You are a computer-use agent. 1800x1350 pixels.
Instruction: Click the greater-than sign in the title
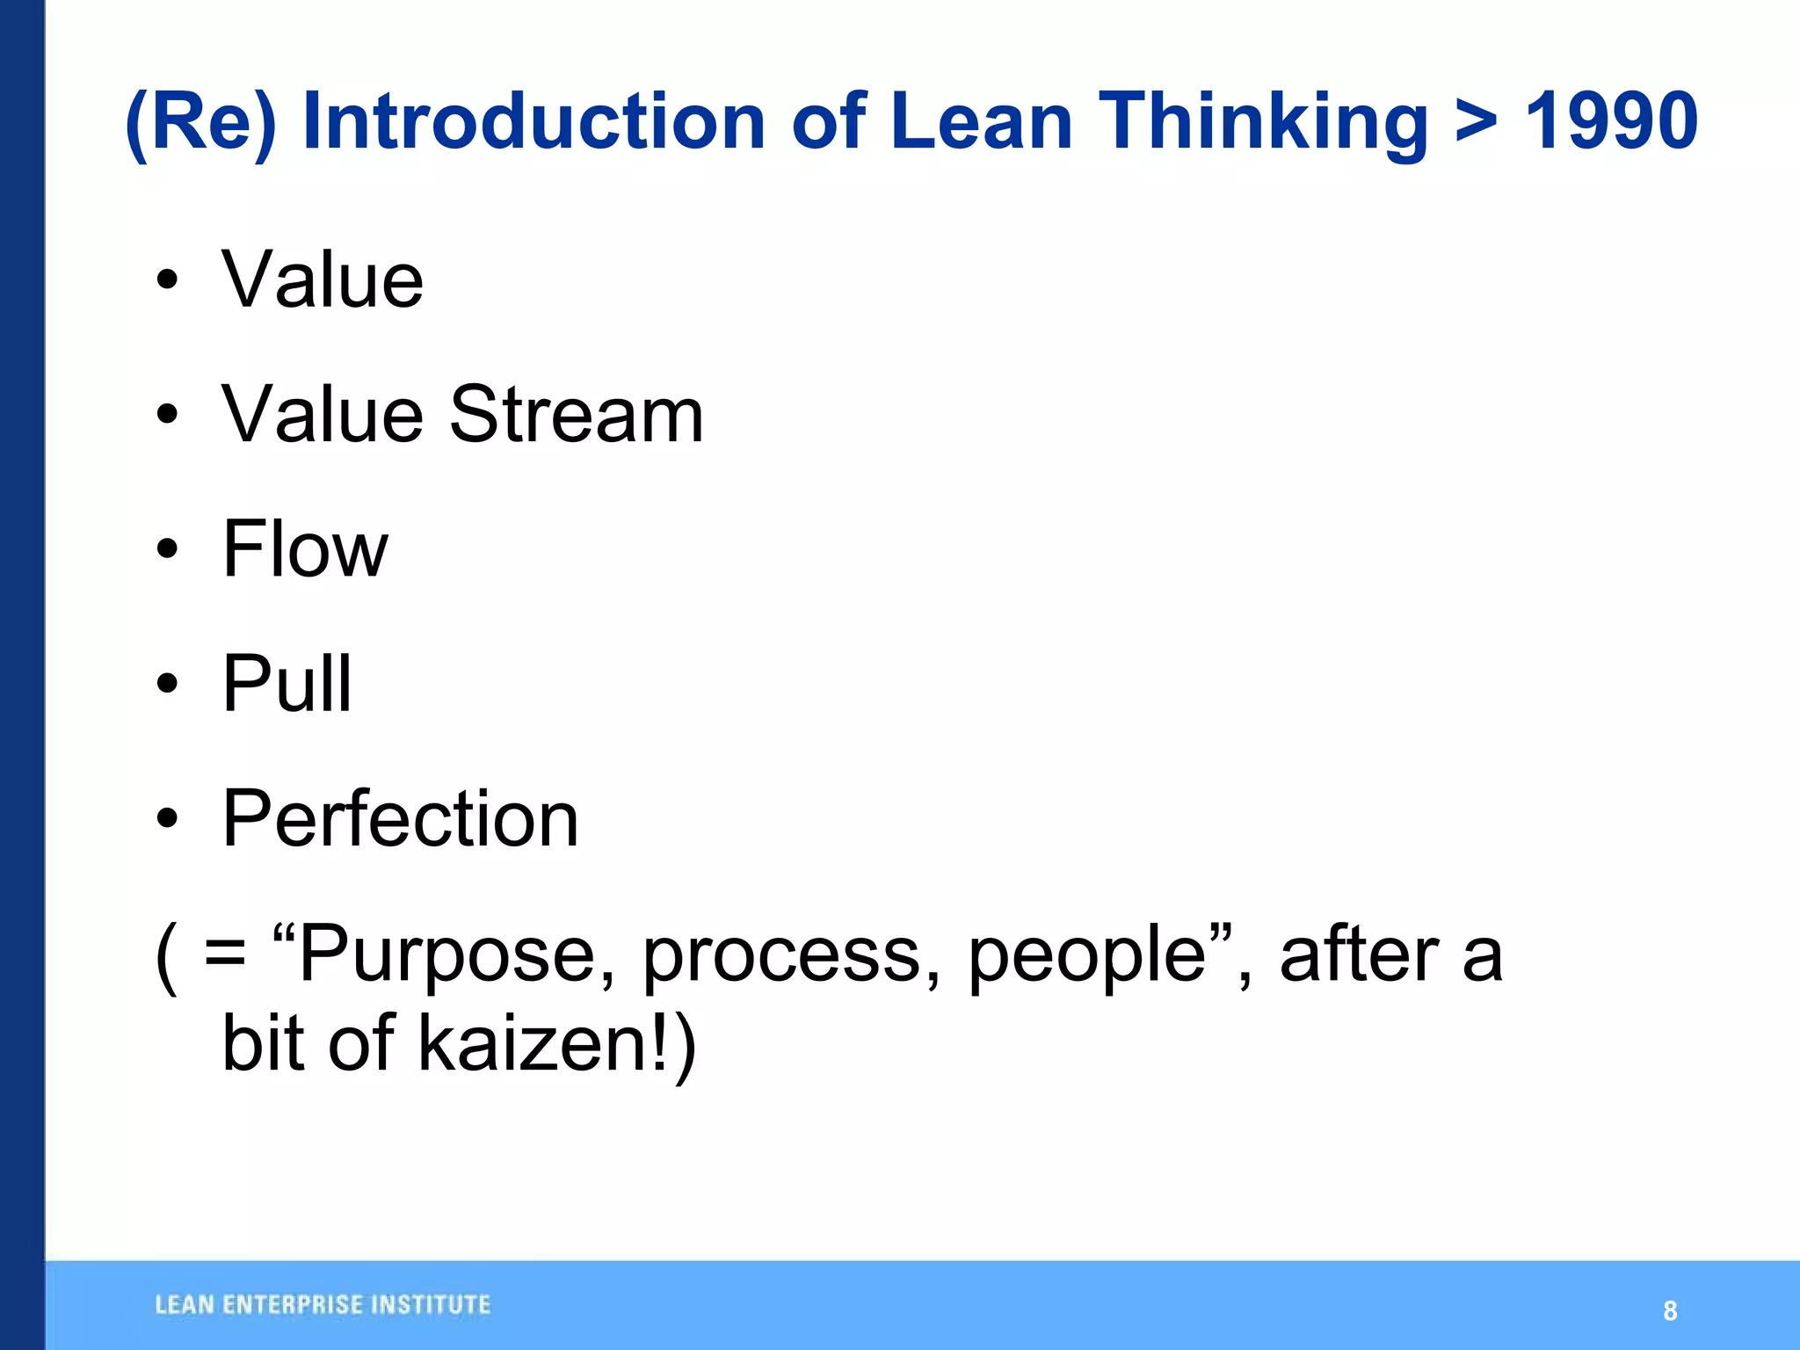click(x=1476, y=123)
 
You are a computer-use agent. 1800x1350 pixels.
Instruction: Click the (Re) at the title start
click(x=200, y=123)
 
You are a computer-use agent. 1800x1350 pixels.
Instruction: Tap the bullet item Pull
click(x=287, y=683)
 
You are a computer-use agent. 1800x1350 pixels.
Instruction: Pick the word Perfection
click(x=400, y=818)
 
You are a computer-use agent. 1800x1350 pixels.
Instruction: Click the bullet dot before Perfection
click(x=167, y=819)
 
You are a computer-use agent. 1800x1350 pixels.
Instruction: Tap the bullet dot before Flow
click(x=167, y=550)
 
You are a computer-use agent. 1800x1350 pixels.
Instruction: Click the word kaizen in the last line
click(x=533, y=1043)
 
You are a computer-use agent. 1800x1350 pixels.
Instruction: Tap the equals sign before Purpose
click(x=225, y=954)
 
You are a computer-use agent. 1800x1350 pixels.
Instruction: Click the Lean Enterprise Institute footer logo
click(x=323, y=1305)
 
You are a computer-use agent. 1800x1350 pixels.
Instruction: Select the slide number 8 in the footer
click(x=1670, y=1310)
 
